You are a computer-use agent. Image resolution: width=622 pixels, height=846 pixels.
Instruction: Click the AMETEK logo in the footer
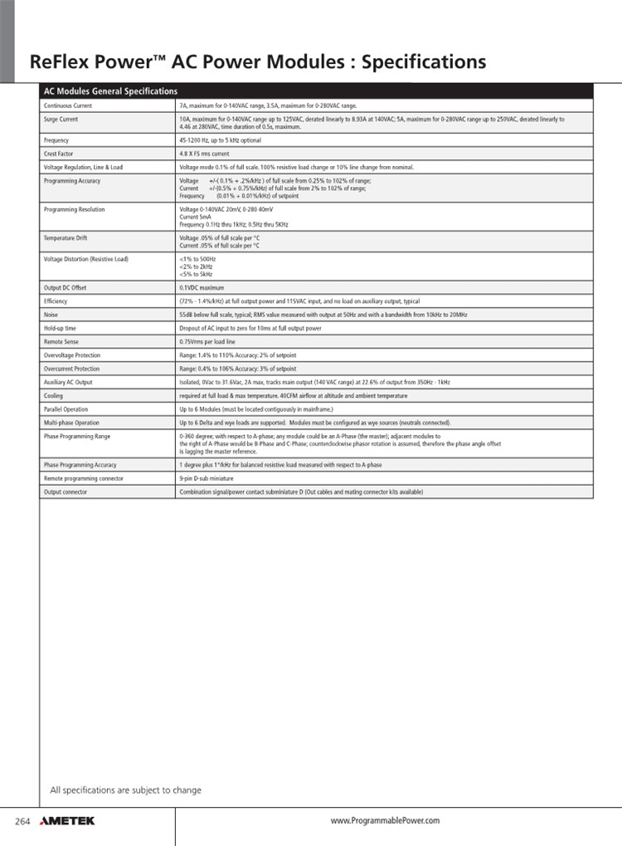click(67, 821)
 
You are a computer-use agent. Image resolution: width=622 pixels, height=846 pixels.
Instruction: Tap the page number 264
click(22, 821)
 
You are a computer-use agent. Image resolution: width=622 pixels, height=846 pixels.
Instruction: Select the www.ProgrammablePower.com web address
click(385, 821)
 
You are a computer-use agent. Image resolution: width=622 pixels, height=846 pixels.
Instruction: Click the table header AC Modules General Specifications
click(110, 91)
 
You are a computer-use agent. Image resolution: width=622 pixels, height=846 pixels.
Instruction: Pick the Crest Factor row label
click(59, 154)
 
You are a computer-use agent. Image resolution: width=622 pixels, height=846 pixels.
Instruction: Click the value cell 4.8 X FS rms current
click(204, 154)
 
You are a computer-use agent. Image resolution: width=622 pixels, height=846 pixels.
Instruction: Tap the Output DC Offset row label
click(65, 287)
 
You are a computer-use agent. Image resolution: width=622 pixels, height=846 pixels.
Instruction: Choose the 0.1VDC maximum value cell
click(202, 287)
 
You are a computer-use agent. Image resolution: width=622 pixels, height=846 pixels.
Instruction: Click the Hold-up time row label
click(60, 328)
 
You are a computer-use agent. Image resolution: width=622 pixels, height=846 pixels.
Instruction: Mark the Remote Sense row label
click(61, 341)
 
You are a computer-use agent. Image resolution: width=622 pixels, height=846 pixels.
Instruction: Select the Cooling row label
click(53, 396)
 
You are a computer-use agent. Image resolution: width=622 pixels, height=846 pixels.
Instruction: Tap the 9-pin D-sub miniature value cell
click(206, 478)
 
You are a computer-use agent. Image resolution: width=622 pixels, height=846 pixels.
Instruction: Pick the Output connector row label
click(65, 491)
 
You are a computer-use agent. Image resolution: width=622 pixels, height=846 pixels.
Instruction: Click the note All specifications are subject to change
click(126, 790)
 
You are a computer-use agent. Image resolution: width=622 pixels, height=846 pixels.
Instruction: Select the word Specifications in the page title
click(424, 62)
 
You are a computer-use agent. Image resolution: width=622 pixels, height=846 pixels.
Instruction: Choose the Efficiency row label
click(56, 301)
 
